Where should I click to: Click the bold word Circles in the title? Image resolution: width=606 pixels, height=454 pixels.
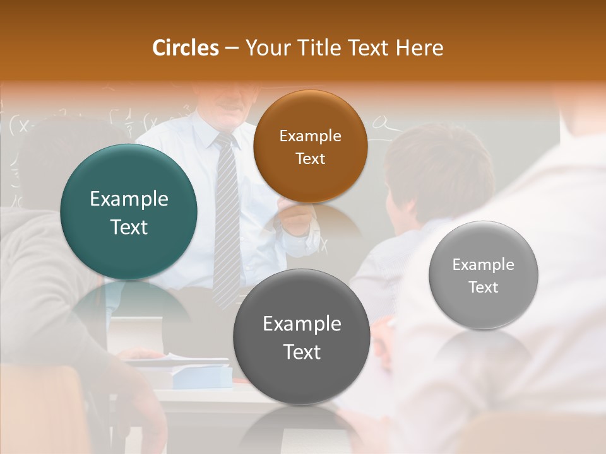point(185,48)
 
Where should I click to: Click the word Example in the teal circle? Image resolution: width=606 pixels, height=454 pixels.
point(129,199)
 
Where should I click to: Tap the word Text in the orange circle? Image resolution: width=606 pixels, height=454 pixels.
point(310,158)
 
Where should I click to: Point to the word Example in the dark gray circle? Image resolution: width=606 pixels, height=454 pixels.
point(302,324)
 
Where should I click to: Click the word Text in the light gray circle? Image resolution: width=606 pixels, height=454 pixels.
point(484,288)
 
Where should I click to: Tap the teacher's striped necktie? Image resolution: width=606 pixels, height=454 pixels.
point(227,227)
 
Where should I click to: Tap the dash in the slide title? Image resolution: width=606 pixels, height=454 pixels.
point(232,49)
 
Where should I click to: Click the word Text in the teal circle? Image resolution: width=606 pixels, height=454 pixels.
point(129,227)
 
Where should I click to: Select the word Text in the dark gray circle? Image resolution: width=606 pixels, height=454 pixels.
point(302,352)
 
